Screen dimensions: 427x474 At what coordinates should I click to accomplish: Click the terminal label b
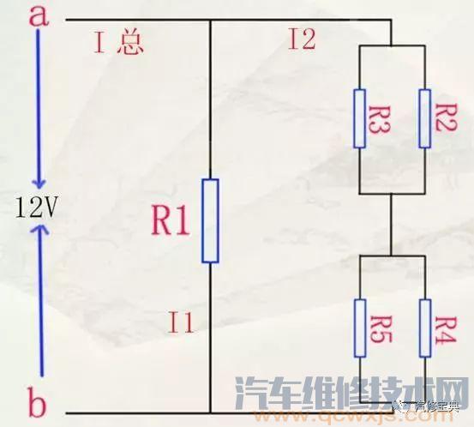(36, 401)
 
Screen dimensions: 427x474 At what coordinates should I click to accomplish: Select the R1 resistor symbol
(210, 220)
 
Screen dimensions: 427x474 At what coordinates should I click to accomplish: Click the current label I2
(303, 39)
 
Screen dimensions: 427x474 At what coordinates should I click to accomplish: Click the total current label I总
(119, 43)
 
